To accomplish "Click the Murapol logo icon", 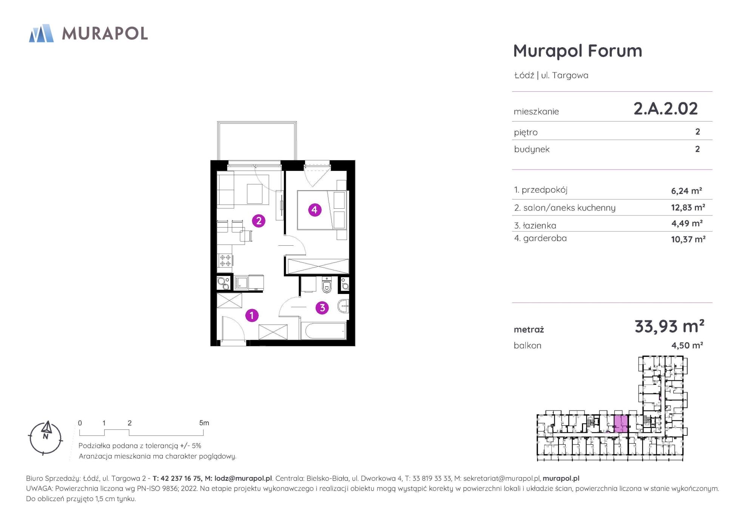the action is (41, 33).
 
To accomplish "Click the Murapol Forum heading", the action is (577, 51).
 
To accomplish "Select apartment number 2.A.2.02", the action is (665, 109).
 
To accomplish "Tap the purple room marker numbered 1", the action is (252, 315).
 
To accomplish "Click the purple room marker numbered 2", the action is (259, 221).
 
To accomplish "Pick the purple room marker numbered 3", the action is (322, 308).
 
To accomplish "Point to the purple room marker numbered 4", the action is (315, 209).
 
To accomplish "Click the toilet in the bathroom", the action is (327, 285).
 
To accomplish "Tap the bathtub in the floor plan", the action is (323, 331).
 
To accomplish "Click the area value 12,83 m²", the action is (688, 207).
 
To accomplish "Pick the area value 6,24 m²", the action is (686, 191).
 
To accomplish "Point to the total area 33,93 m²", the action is (669, 326).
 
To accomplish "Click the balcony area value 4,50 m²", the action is (687, 345).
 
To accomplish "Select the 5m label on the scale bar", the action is (204, 423).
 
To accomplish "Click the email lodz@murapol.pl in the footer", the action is (243, 478).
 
